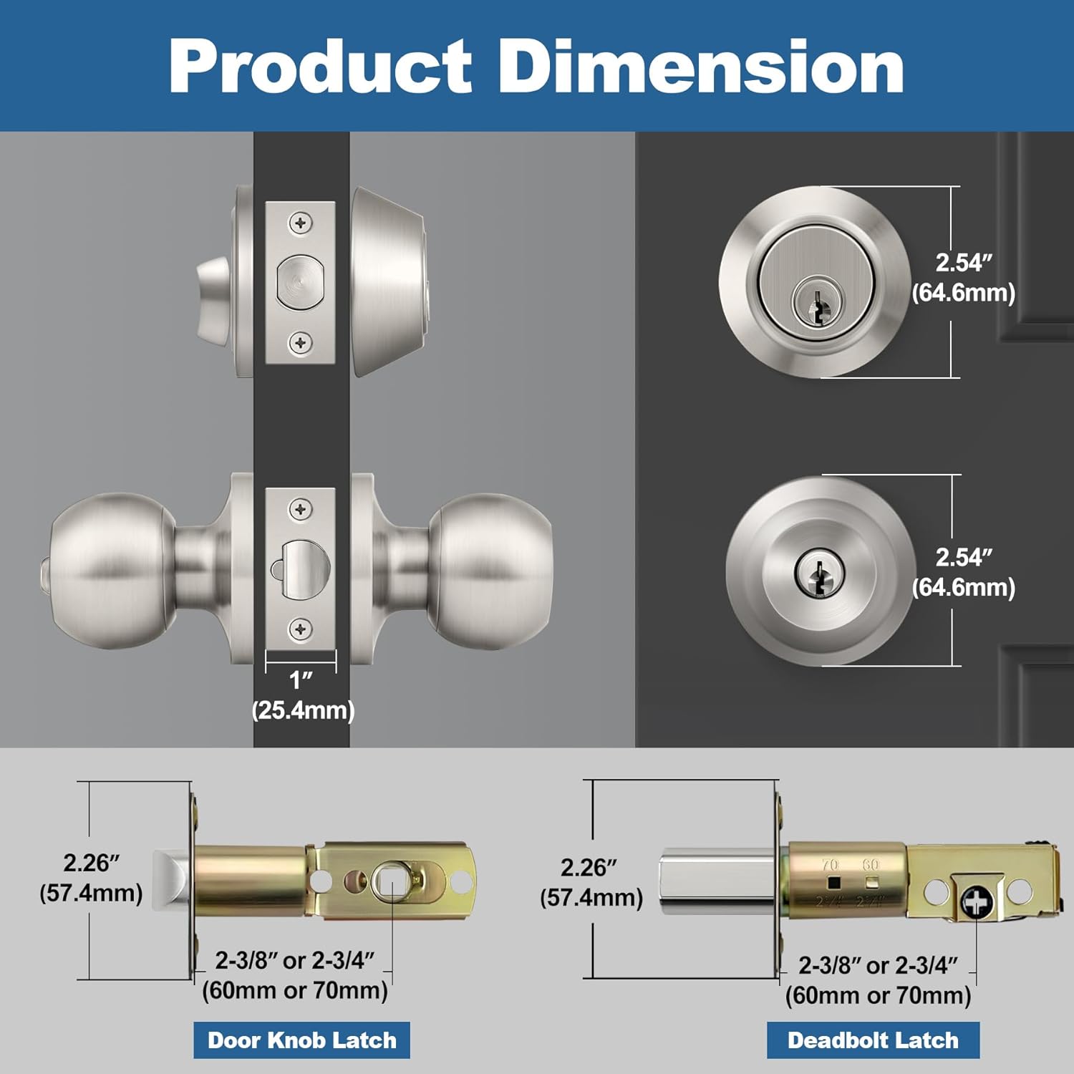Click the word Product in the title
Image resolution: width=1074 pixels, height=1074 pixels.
pyautogui.click(x=320, y=66)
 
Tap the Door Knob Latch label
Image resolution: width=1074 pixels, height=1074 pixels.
pyautogui.click(x=301, y=1040)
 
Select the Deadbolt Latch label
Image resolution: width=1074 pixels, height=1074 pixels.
pyautogui.click(x=873, y=1040)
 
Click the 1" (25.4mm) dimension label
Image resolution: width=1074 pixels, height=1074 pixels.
pyautogui.click(x=303, y=695)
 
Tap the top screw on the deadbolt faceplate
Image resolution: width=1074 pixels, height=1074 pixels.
pyautogui.click(x=301, y=223)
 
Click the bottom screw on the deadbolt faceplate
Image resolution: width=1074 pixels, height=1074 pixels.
pyautogui.click(x=301, y=344)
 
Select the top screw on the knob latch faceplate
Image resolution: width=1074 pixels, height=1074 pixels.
pyautogui.click(x=300, y=510)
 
